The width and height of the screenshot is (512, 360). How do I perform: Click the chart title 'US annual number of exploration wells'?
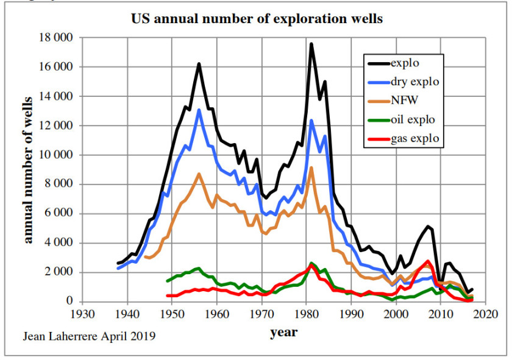coord(257,19)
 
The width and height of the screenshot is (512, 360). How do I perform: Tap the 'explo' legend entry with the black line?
coord(405,62)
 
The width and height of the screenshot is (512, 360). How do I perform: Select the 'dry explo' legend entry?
coord(414,81)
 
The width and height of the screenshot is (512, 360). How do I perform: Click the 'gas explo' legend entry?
coord(414,139)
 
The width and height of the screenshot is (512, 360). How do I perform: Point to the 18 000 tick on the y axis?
coord(56,38)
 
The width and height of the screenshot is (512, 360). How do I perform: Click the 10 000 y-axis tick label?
coord(56,155)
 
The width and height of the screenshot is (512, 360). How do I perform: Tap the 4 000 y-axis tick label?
coord(60,243)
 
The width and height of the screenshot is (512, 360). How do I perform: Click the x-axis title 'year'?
coord(283,333)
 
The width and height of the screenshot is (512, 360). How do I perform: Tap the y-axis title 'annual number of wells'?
coord(28,170)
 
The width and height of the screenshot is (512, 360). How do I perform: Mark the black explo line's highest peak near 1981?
coord(311,44)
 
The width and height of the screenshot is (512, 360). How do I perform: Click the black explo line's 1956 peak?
coord(199,64)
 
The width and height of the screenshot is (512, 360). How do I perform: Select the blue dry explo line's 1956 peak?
coord(199,110)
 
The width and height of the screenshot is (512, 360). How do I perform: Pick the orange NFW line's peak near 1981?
coord(311,168)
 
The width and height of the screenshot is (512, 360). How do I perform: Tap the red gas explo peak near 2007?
coord(428,261)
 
